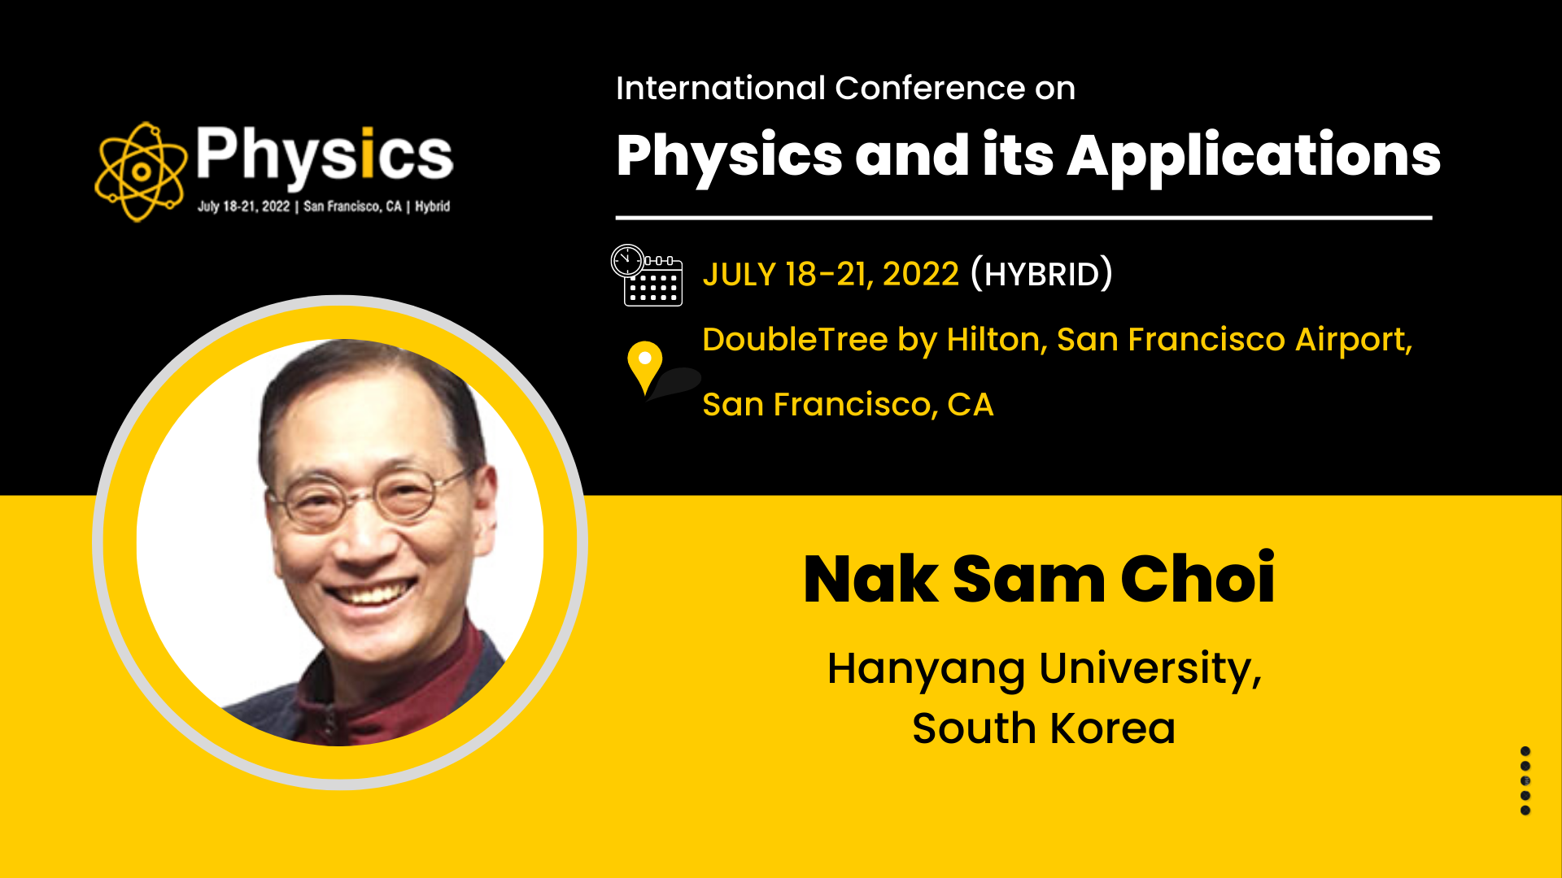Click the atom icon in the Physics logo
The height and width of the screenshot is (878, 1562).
coord(141,172)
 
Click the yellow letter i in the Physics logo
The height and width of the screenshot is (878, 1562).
coord(367,152)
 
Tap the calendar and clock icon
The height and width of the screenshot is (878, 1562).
coord(647,275)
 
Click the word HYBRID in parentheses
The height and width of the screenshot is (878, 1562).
coord(1041,275)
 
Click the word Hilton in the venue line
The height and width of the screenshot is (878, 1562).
coord(997,340)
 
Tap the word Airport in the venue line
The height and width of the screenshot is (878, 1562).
coord(1353,341)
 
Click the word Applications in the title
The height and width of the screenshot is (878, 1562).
coord(1254,157)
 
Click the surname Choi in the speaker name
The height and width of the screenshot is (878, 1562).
coord(1198,578)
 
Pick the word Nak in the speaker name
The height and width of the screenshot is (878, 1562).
coord(870,579)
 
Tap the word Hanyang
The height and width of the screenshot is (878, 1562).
coord(926,670)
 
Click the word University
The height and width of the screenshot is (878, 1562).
coord(1150,669)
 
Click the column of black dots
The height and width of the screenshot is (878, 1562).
coord(1525,780)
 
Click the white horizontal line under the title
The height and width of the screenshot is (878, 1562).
coord(1023,218)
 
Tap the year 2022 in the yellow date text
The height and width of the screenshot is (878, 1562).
coord(920,275)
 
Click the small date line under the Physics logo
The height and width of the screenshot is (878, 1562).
coord(324,206)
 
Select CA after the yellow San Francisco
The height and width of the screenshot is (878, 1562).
coord(971,405)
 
